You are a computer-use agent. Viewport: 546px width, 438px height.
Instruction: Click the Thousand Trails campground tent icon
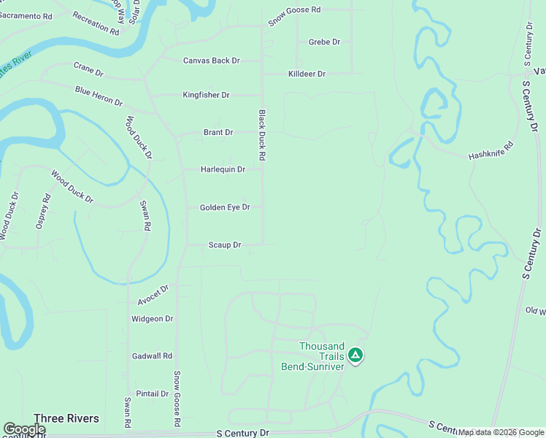point(355,356)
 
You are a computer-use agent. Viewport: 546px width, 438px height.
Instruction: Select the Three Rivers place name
point(66,418)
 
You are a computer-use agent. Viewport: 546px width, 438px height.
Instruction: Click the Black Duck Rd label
point(261,136)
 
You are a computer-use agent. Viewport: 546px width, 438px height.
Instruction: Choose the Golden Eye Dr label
point(225,207)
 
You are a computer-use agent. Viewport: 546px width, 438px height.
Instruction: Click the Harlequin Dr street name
point(223,169)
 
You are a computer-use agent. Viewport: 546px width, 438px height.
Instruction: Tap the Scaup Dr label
point(224,245)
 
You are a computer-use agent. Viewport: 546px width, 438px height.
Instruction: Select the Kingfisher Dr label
point(206,95)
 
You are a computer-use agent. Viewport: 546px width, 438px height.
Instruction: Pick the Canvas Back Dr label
point(211,61)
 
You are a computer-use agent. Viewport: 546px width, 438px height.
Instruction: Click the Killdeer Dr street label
point(307,74)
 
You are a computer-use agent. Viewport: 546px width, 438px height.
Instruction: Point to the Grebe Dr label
point(324,42)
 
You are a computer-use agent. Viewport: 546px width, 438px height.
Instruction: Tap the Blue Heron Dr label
point(99,96)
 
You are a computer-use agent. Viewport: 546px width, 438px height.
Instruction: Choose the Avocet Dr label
point(153,295)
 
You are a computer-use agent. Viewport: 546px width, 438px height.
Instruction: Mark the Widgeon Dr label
point(152,319)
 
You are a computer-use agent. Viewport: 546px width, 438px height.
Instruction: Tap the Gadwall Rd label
point(152,356)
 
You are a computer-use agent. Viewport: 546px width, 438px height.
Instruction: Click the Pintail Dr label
point(152,393)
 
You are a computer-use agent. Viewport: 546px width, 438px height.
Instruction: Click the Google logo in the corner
point(23,429)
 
